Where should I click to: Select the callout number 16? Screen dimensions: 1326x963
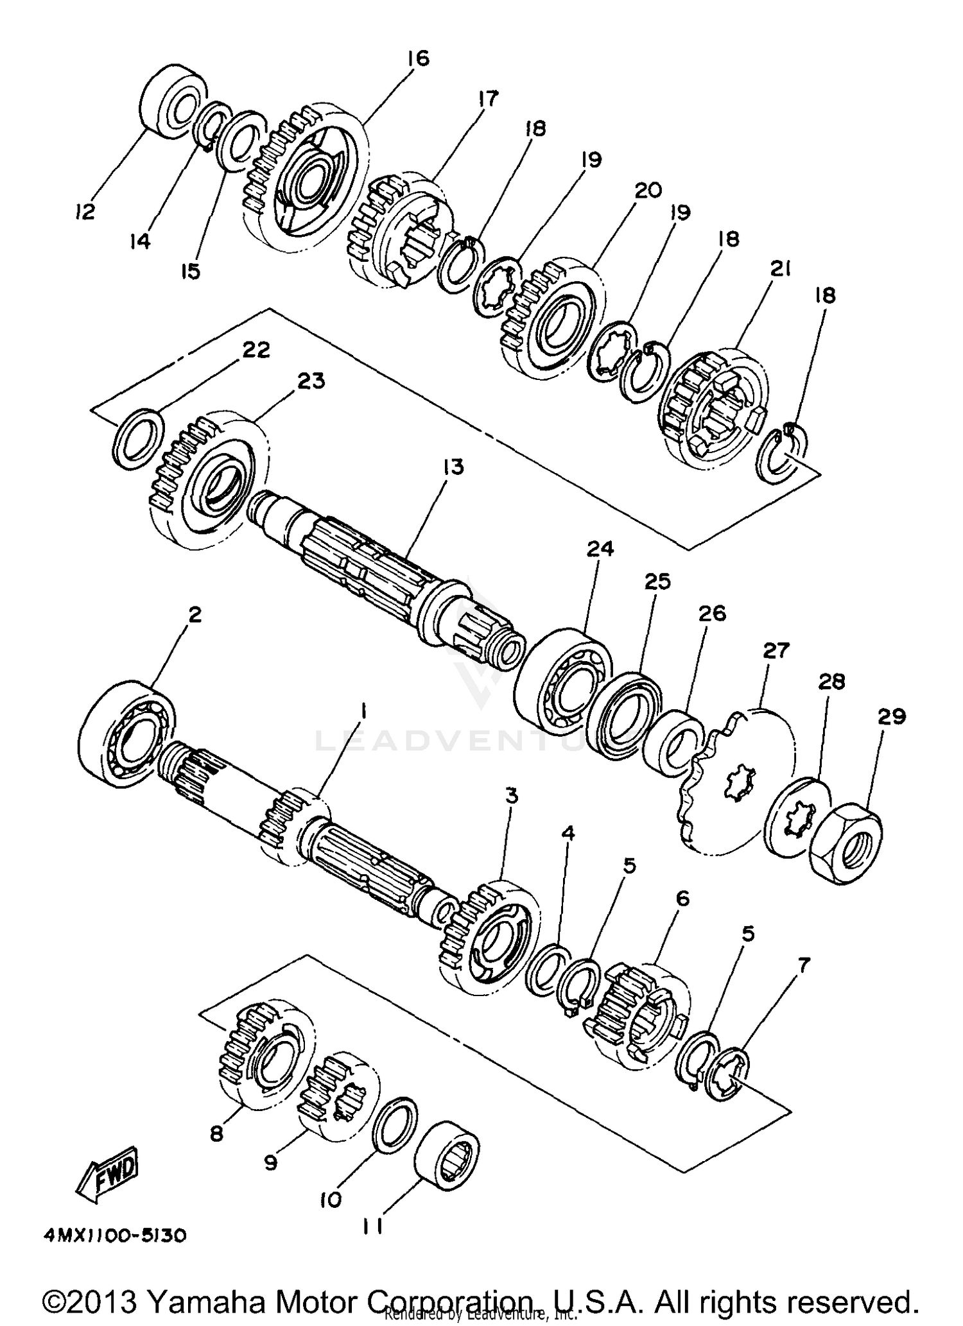pos(417,58)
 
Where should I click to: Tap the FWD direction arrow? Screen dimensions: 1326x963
pos(107,1174)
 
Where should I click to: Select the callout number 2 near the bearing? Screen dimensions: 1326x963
pos(195,615)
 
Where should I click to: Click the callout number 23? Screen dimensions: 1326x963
pos(310,381)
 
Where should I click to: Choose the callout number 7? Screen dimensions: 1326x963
pos(803,965)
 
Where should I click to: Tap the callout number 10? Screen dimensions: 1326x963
pos(331,1200)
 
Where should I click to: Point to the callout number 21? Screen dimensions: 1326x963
pos(780,269)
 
